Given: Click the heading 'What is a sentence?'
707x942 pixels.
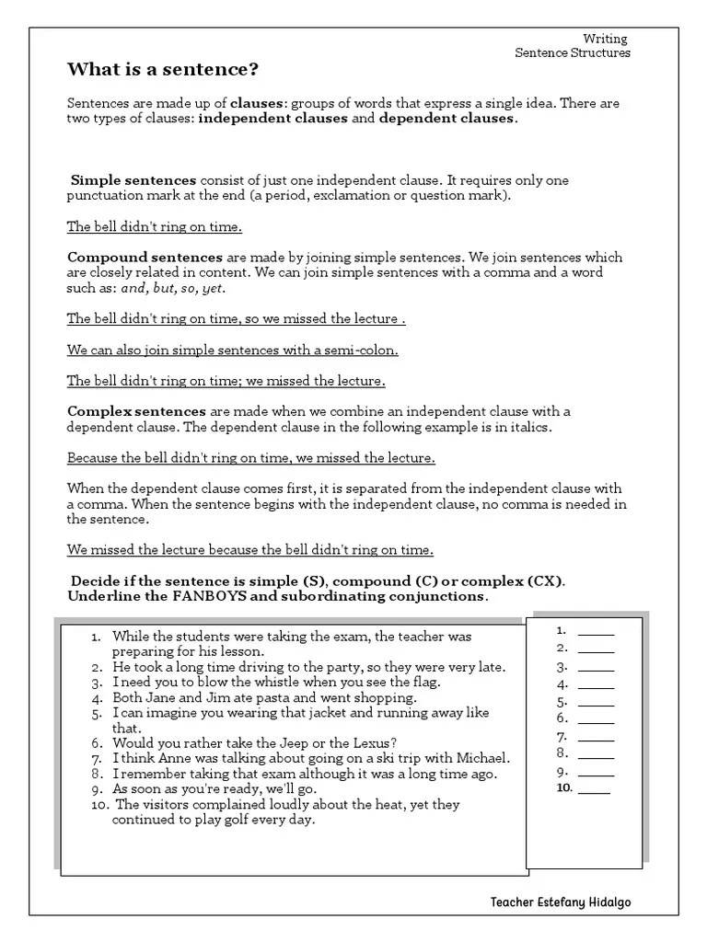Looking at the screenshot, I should (x=163, y=70).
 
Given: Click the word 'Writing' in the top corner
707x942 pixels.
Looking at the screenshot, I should (x=606, y=39).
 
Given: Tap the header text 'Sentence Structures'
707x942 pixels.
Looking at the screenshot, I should (x=572, y=53).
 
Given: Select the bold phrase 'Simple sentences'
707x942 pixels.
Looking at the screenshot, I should (x=133, y=180).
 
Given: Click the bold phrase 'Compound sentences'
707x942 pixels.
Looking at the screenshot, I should (x=145, y=258).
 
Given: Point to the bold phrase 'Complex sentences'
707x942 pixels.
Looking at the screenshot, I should (x=137, y=411).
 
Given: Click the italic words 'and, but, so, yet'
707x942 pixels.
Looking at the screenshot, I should (x=173, y=288).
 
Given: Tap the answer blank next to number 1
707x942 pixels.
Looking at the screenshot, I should (x=596, y=633).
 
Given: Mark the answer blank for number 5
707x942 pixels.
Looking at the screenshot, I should (x=596, y=702).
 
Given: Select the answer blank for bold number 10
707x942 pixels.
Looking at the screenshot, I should (x=594, y=788).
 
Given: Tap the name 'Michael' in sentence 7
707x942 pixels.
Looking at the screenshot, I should (x=483, y=758).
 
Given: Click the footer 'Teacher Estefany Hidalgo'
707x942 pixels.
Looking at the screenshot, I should (x=561, y=902).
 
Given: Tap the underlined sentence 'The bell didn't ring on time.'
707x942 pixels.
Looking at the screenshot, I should (x=155, y=227).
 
